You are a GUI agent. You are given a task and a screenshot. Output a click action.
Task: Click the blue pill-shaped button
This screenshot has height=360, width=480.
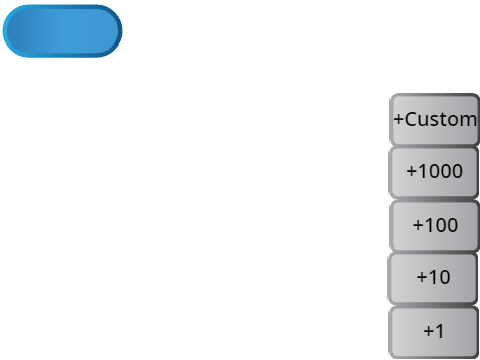pyautogui.click(x=62, y=31)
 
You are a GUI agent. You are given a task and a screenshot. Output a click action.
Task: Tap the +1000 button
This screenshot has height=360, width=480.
pyautogui.click(x=434, y=173)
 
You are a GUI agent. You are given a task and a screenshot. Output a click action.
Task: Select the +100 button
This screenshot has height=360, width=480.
pyautogui.click(x=435, y=226)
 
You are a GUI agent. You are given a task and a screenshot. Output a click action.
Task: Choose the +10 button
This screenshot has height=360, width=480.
pyautogui.click(x=433, y=279)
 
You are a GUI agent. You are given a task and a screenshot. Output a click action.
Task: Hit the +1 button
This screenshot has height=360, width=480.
pyautogui.click(x=434, y=333)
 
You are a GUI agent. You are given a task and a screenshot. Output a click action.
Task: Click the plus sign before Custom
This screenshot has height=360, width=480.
pyautogui.click(x=399, y=119)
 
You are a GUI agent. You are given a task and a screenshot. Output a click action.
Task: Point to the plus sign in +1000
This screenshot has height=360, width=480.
pyautogui.click(x=412, y=171)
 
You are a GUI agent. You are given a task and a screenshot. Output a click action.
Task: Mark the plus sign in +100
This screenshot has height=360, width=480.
pyautogui.click(x=418, y=225)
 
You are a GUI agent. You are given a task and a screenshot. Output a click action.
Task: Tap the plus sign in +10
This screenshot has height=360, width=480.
pyautogui.click(x=422, y=277)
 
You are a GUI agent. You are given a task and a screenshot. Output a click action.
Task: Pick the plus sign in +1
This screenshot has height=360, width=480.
pyautogui.click(x=428, y=331)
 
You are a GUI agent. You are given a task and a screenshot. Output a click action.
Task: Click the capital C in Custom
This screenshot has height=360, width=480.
pyautogui.click(x=411, y=119)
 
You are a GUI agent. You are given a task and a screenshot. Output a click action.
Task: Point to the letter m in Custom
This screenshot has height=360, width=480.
pyautogui.click(x=468, y=121)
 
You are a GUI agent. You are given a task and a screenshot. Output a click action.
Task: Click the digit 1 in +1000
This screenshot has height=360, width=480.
pyautogui.click(x=422, y=171)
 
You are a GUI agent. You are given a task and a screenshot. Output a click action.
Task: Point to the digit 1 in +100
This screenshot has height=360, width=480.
pyautogui.click(x=428, y=225)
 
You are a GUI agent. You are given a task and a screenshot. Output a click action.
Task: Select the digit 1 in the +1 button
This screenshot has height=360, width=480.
pyautogui.click(x=439, y=331)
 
